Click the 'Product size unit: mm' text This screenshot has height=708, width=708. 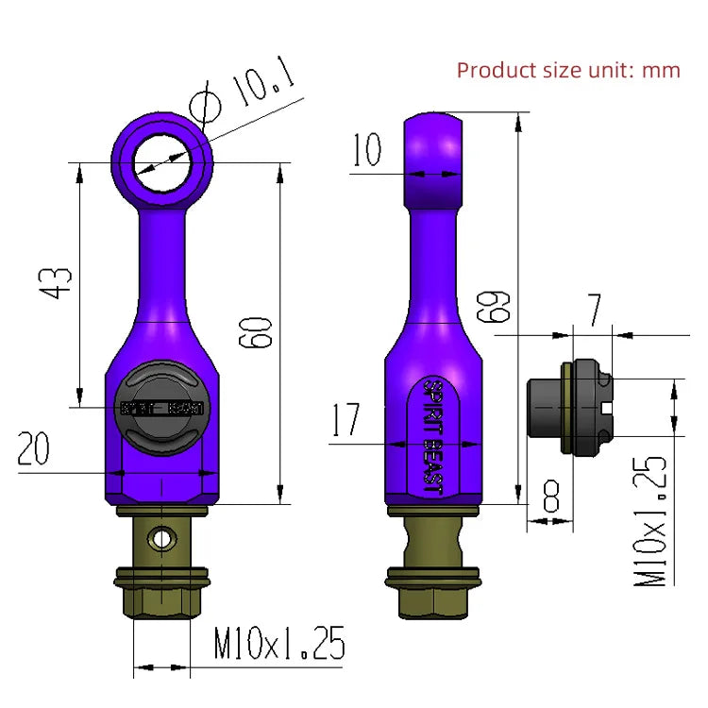(568, 70)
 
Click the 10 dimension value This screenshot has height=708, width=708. (368, 150)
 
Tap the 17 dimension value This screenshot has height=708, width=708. (346, 420)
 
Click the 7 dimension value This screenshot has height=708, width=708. (595, 311)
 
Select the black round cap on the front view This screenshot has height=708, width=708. (164, 409)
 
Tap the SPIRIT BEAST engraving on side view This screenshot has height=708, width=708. (433, 435)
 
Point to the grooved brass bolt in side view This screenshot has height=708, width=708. (433, 543)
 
